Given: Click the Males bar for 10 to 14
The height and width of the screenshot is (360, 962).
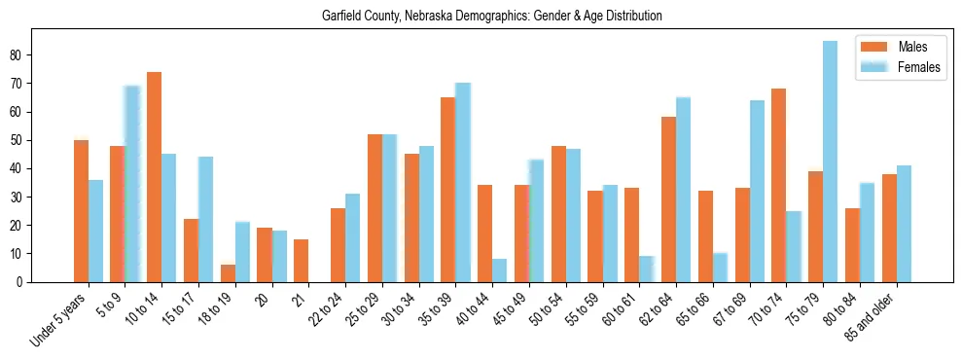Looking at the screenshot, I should [x=155, y=177].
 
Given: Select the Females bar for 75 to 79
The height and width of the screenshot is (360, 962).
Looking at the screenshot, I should [x=830, y=162].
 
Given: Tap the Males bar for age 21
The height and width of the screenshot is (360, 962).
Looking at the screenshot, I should [x=302, y=261].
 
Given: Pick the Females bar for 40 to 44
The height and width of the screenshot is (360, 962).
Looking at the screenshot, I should [x=499, y=270].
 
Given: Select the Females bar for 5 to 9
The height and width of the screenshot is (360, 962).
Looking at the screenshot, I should [x=132, y=184].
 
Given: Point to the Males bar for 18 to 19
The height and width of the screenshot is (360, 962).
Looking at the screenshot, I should [x=228, y=273].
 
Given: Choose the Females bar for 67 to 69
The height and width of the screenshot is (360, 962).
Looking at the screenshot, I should [x=757, y=192].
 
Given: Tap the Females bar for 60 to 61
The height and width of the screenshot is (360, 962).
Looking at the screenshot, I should [x=646, y=269].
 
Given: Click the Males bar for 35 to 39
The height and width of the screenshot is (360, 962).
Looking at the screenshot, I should [x=448, y=190].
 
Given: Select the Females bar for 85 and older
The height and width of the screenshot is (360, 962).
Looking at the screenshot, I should [x=904, y=224].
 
